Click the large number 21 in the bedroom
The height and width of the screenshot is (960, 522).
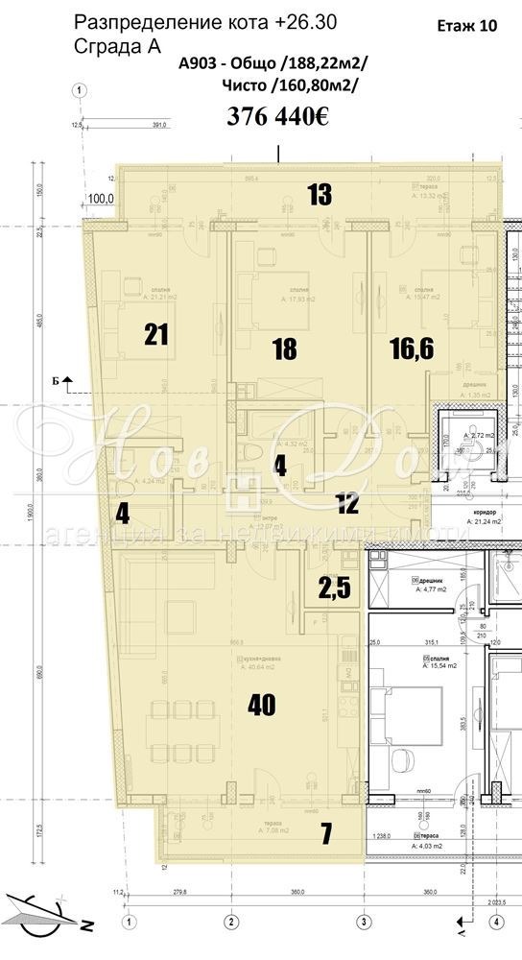click(157, 334)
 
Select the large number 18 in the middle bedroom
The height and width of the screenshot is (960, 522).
click(284, 348)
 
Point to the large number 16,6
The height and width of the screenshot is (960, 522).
click(412, 348)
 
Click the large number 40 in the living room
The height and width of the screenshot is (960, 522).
click(261, 706)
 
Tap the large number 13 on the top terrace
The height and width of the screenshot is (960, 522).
click(320, 195)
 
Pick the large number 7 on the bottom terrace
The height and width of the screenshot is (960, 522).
click(326, 834)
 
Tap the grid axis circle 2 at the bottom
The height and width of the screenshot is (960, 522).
click(230, 922)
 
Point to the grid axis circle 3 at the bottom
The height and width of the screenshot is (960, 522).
click(364, 922)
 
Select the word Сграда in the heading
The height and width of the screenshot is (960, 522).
click(105, 45)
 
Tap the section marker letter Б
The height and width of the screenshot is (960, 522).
click(57, 381)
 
